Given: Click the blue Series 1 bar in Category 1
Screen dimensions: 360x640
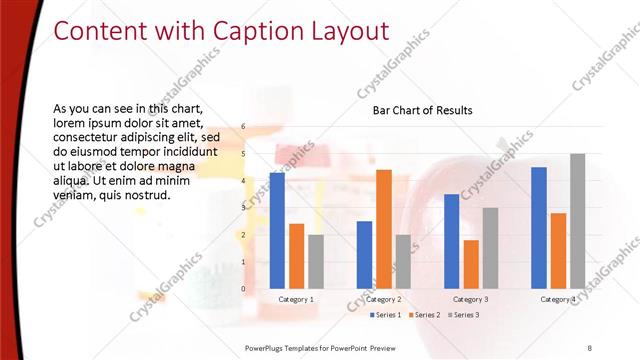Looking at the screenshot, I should click(277, 231).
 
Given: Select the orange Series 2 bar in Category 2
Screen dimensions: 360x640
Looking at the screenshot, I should click(384, 229).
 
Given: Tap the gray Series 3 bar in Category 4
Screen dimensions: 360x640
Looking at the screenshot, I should click(578, 221).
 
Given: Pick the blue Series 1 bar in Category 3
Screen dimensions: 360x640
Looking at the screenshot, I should click(451, 241).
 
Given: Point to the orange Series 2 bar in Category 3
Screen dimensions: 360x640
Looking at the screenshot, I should click(471, 264).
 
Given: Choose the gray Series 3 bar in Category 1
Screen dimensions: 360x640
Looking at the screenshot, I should click(316, 262).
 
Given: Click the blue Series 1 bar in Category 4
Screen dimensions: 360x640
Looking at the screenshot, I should click(539, 228).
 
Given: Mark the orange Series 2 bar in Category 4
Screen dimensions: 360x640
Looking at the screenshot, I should click(558, 251).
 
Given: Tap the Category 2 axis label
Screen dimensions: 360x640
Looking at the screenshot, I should click(384, 299).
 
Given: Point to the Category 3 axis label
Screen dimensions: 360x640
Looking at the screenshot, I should click(471, 299).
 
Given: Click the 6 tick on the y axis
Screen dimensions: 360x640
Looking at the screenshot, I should click(243, 127).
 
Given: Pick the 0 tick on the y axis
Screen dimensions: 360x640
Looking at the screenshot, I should click(243, 289).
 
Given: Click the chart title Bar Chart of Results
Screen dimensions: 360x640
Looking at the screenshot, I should click(422, 110).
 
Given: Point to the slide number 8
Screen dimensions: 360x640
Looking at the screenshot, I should click(589, 346).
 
